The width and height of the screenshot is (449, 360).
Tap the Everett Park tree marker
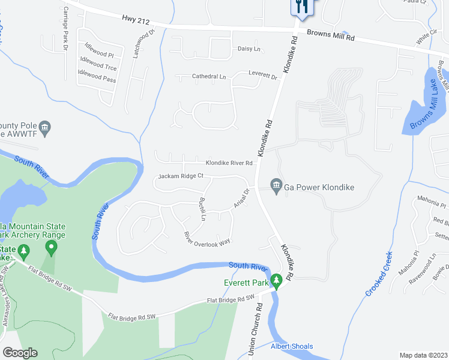tap(276, 281)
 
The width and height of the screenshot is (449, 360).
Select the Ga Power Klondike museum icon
tap(276, 187)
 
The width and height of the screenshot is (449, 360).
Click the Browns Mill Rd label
tap(331, 36)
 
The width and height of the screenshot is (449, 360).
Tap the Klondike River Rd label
tap(229, 163)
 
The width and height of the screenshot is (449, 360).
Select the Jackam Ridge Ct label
tap(181, 176)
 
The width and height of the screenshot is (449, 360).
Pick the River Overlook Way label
tap(207, 238)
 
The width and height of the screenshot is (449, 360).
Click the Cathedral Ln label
tap(209, 77)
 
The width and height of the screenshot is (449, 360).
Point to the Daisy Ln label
tap(249, 49)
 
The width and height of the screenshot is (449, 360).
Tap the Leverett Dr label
tap(264, 76)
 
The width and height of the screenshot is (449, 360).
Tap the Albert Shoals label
tap(292, 346)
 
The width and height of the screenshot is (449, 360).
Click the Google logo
tap(20, 353)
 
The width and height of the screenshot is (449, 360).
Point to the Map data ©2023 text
tap(423, 355)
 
